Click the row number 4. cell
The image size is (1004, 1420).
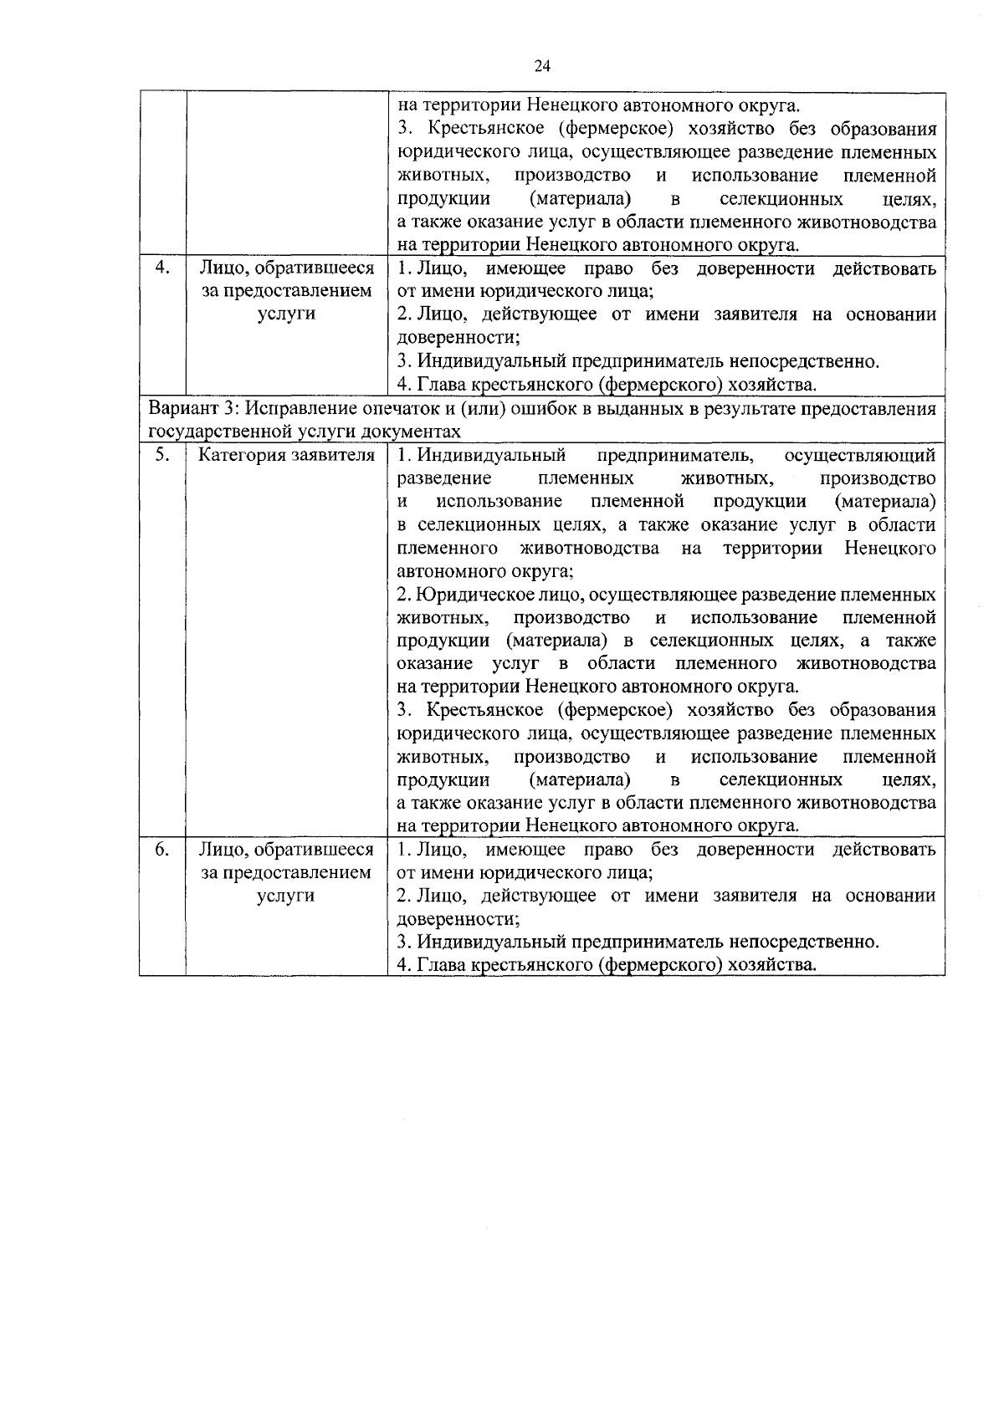tap(163, 268)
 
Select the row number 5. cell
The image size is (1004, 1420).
tap(163, 455)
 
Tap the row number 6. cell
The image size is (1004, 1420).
tap(163, 850)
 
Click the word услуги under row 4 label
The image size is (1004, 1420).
tap(286, 314)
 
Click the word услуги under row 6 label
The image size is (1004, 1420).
tap(286, 896)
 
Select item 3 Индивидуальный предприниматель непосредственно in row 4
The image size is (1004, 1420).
tap(638, 361)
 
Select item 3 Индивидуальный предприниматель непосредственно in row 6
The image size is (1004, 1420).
tap(638, 942)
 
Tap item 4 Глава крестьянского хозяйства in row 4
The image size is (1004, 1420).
tap(606, 385)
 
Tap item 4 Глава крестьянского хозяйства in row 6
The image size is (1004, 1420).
tap(606, 966)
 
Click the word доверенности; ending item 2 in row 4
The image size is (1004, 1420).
tap(458, 338)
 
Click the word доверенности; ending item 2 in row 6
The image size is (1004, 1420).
tap(458, 919)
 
